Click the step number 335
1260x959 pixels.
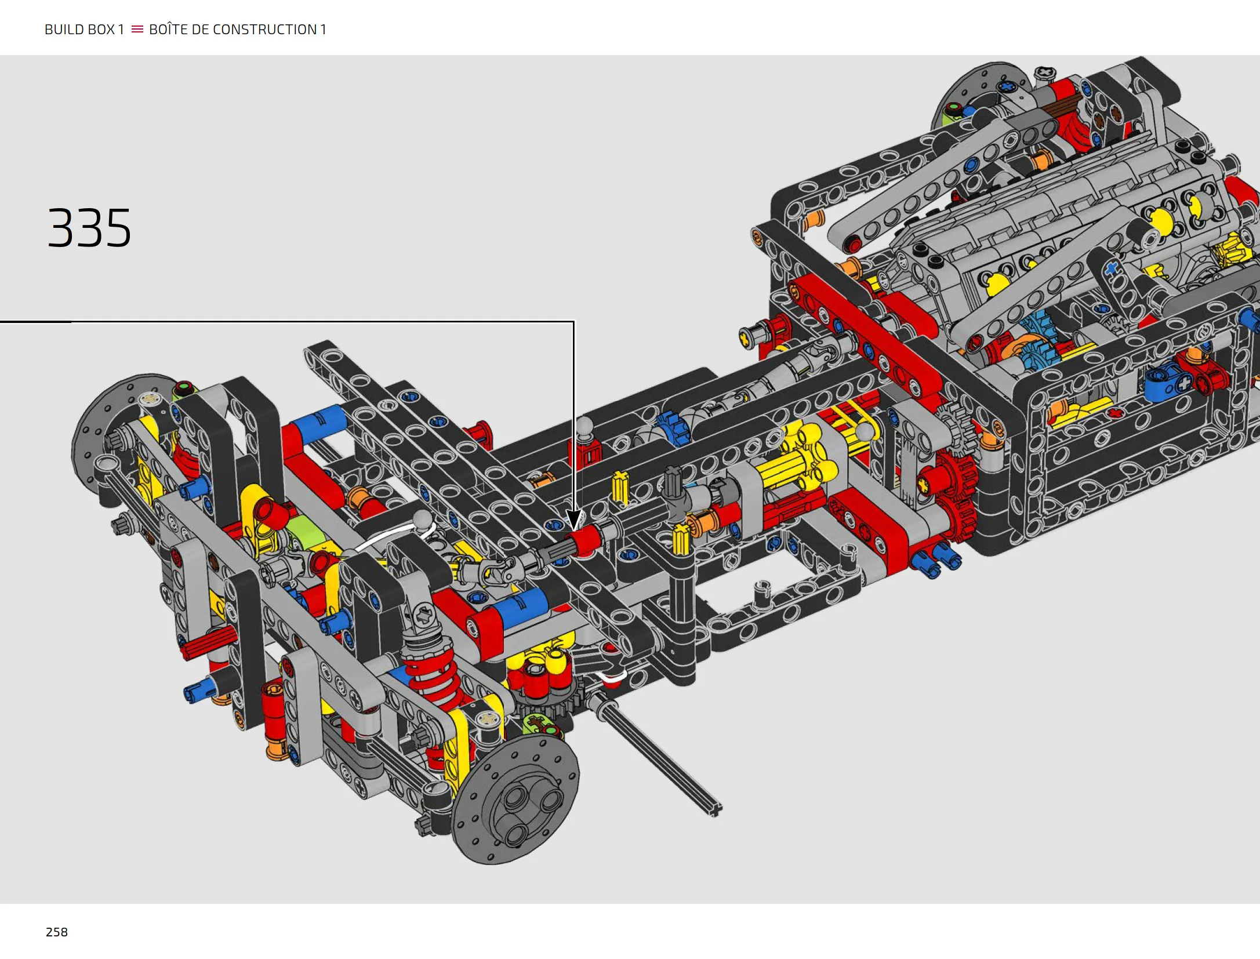(x=89, y=228)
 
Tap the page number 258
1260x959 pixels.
(x=57, y=932)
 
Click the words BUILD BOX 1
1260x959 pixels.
(x=84, y=30)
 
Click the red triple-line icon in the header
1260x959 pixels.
(x=137, y=29)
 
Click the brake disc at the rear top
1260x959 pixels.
(x=974, y=96)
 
